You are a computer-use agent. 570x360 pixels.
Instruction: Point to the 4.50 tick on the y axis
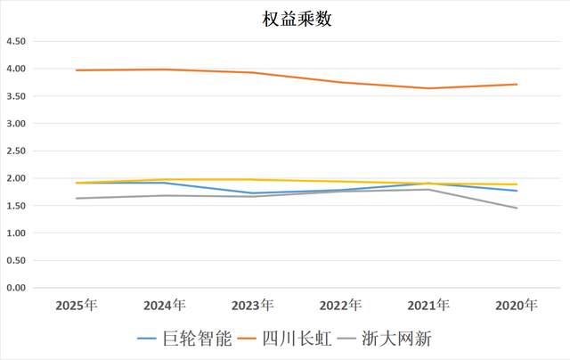[18, 42]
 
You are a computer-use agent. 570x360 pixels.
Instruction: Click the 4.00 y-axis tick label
[18, 69]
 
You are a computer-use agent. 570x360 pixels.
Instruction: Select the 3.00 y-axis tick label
[18, 124]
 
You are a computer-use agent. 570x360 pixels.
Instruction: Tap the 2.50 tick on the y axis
[18, 151]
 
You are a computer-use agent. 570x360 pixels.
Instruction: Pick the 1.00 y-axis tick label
[18, 233]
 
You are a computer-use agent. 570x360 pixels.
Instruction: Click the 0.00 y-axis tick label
[18, 288]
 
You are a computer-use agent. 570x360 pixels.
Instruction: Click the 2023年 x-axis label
[252, 306]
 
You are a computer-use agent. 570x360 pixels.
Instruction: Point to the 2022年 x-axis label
[340, 306]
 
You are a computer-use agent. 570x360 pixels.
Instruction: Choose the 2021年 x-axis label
[428, 306]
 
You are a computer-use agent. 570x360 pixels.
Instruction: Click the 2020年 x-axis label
[517, 306]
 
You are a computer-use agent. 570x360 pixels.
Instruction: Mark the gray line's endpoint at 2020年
[517, 209]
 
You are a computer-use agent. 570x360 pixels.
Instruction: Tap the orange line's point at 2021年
[428, 88]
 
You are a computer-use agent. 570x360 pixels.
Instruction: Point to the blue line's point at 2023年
[252, 193]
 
